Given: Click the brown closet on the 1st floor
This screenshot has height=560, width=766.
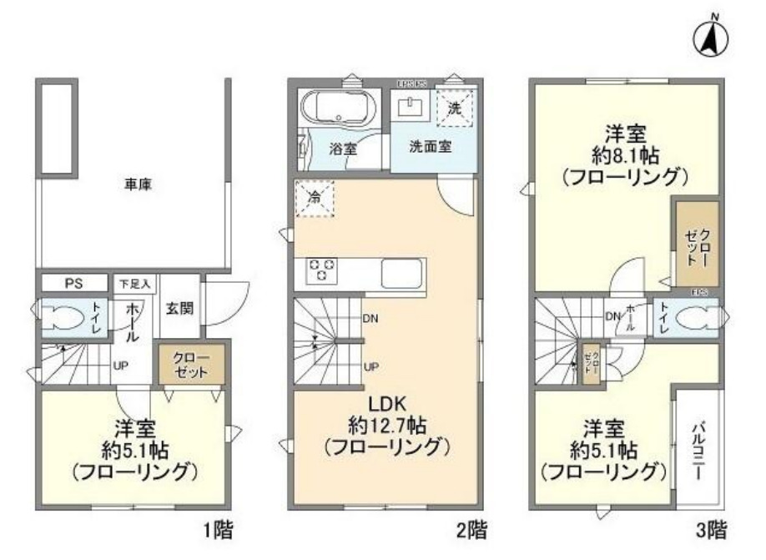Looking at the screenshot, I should tap(192, 366).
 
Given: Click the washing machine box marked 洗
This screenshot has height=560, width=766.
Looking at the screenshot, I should tap(455, 107).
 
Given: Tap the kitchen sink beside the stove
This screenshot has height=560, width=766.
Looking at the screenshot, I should tap(402, 271).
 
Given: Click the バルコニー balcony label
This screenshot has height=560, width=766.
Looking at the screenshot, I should tap(695, 447).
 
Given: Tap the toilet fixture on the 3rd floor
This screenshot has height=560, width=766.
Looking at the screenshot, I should tap(698, 317).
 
